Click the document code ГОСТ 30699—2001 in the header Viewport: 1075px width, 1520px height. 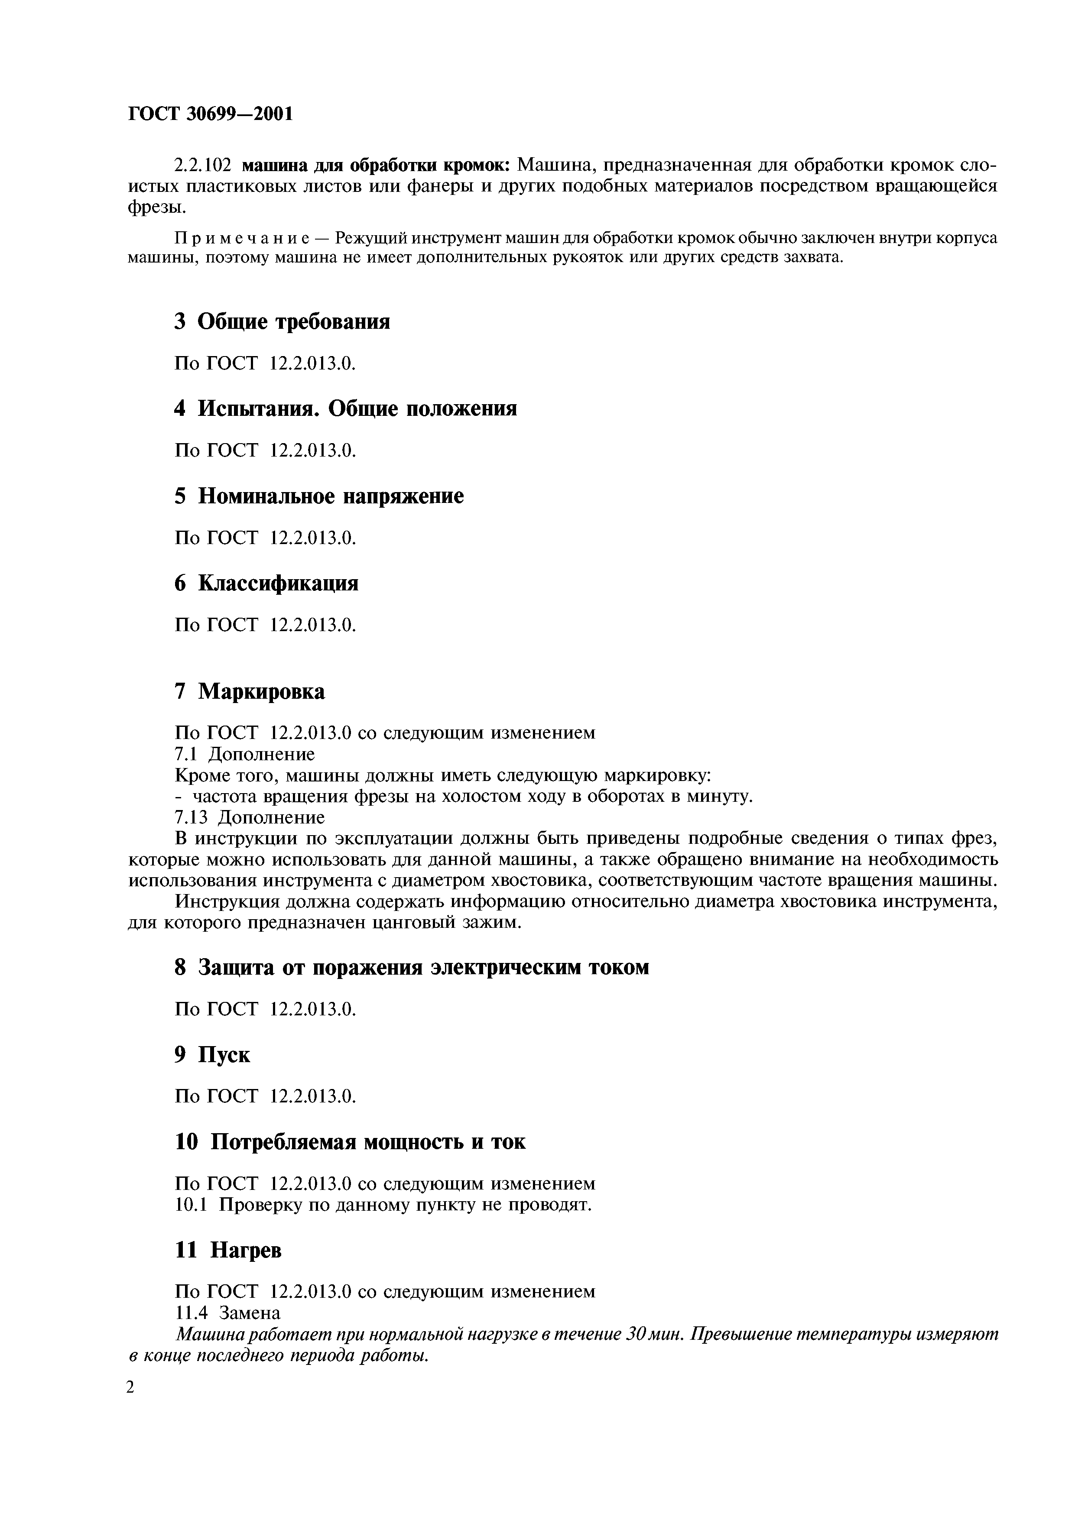209,114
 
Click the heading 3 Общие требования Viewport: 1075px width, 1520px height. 282,322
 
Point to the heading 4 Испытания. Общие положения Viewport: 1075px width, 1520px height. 345,408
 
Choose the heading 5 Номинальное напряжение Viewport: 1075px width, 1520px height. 318,496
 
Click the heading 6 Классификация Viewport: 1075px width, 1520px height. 266,583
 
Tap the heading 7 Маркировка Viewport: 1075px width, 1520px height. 250,692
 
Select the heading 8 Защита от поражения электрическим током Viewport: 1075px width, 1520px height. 411,967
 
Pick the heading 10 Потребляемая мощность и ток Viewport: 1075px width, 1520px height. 350,1142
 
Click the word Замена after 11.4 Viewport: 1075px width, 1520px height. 250,1312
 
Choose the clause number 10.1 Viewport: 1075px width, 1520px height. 191,1204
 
